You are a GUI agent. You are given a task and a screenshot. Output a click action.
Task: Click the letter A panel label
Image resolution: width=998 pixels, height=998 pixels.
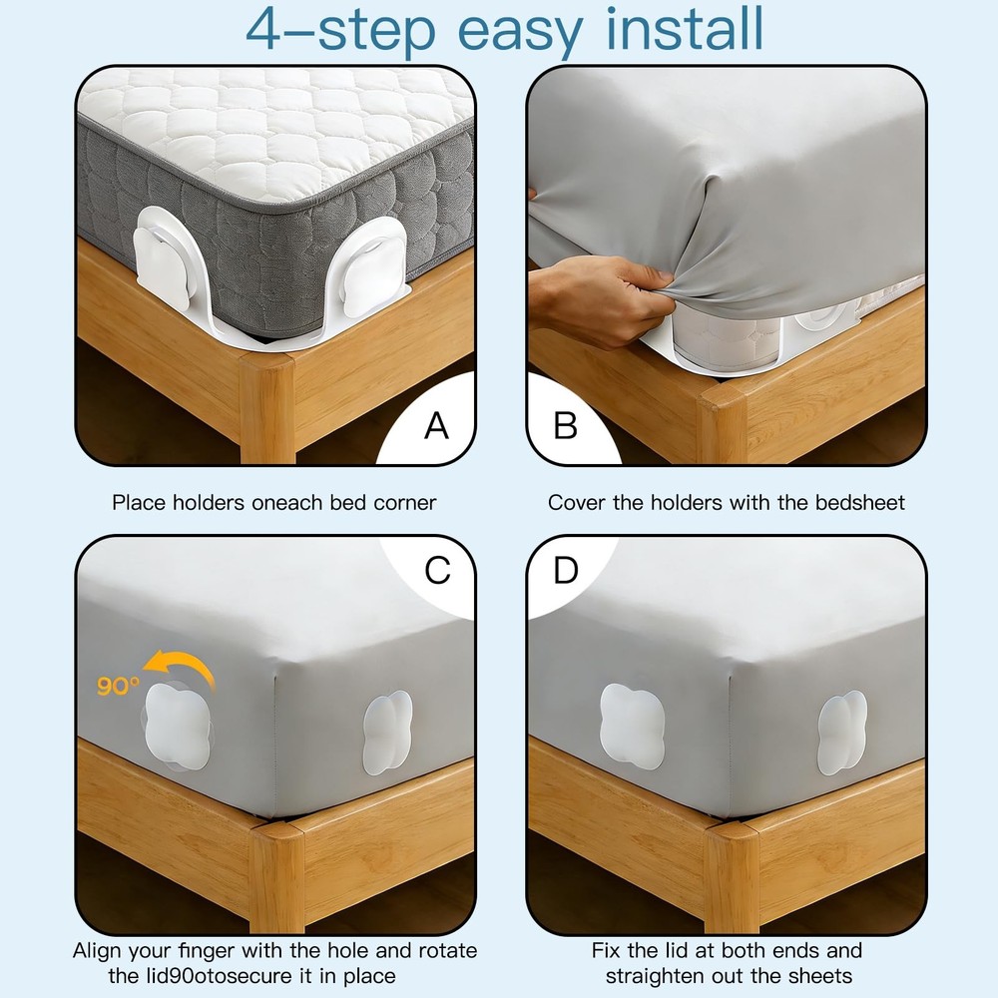[436, 426]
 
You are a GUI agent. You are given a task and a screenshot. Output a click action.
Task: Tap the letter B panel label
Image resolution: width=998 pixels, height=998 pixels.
[566, 426]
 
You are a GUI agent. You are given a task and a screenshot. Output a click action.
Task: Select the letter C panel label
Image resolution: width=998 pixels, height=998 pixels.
[437, 571]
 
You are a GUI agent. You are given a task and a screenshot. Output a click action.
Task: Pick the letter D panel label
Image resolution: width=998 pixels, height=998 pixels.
[566, 571]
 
